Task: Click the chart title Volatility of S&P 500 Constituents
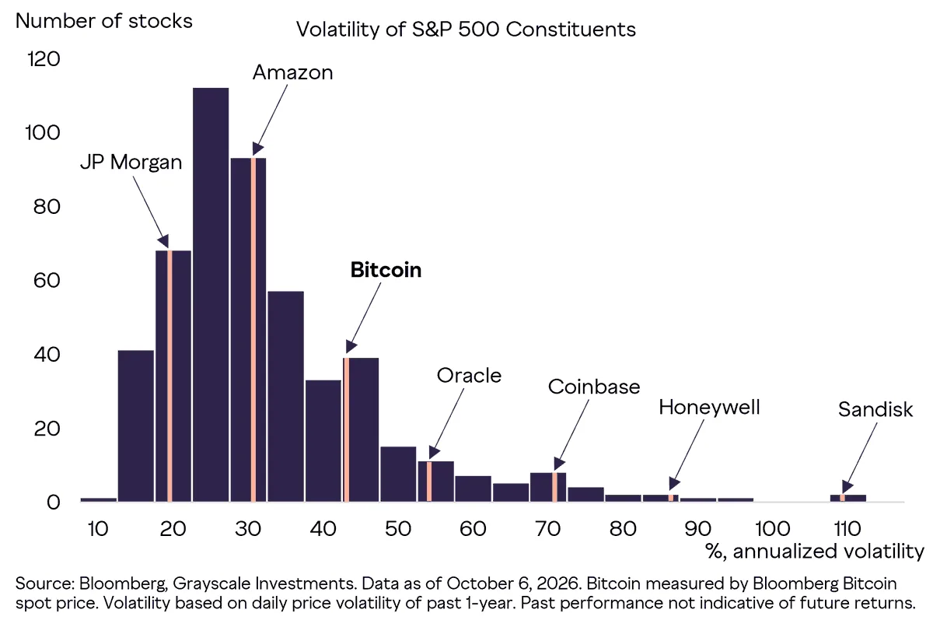tap(466, 30)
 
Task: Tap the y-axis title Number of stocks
tap(103, 21)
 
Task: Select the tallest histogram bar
tap(211, 295)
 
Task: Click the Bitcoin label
tap(386, 270)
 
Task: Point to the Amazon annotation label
tap(293, 72)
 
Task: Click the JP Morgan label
tap(131, 162)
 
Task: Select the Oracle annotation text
tap(469, 376)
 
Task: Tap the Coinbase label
tap(594, 387)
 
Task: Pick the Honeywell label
tap(709, 407)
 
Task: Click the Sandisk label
tap(875, 409)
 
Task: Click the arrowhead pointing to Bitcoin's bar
tap(351, 347)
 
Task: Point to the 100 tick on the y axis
tap(43, 133)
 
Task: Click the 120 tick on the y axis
tap(44, 59)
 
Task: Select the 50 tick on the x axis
tap(398, 529)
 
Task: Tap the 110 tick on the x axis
tap(847, 529)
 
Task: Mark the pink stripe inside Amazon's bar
tap(253, 330)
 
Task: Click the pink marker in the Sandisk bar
tap(842, 498)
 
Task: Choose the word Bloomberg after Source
tap(124, 583)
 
